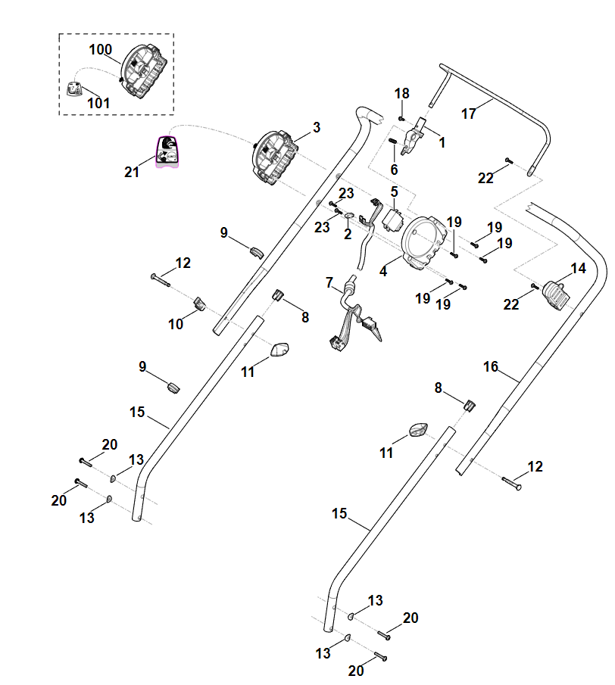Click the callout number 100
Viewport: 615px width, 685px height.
coord(100,50)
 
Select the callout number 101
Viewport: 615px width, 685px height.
coord(98,102)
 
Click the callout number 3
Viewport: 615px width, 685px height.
coord(316,127)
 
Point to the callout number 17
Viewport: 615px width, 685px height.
coord(469,114)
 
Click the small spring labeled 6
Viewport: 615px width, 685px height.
coord(394,142)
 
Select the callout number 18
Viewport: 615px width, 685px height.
coord(401,93)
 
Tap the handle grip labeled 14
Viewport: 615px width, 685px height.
coord(556,295)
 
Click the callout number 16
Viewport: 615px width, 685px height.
coord(491,367)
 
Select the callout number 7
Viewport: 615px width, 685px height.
coord(329,282)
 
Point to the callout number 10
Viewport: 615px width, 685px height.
coord(176,324)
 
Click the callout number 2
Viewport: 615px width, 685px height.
coord(348,235)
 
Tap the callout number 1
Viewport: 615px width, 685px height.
coord(442,141)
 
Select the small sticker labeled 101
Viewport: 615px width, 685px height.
coord(74,89)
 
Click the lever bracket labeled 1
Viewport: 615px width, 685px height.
coord(413,137)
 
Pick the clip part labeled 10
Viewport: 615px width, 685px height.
coord(200,304)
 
